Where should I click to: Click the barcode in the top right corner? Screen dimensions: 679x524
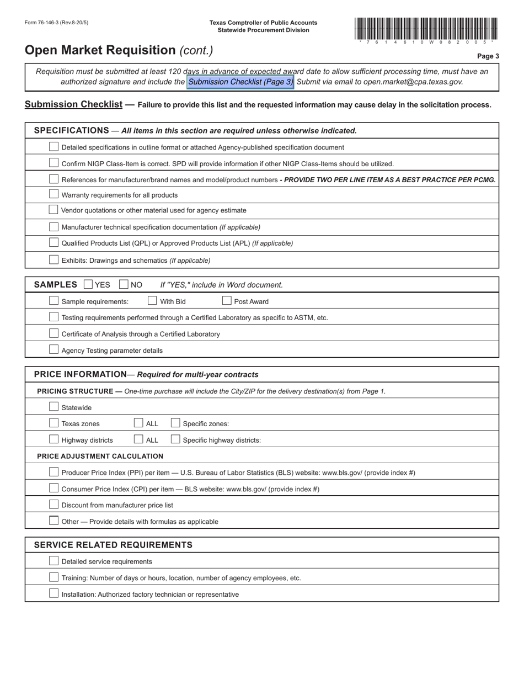[426, 29]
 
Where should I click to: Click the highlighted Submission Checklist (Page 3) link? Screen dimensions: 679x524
[240, 82]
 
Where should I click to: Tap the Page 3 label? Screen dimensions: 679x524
[488, 56]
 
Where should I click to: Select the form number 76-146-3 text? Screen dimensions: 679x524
[56, 23]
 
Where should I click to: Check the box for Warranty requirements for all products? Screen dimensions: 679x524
[54, 194]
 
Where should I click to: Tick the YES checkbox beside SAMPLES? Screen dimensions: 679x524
[88, 284]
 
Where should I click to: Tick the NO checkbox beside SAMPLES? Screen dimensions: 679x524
[124, 284]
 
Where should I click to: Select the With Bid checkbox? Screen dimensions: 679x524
[152, 301]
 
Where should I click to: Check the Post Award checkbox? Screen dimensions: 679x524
[227, 301]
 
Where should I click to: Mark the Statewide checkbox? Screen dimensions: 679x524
[54, 407]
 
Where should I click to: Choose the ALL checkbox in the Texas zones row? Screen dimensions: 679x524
[138, 423]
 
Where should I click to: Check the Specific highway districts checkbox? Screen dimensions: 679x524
[175, 439]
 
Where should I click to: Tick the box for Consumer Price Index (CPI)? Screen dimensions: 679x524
[54, 488]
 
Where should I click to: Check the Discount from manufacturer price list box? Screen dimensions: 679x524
[54, 505]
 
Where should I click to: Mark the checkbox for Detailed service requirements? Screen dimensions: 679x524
[54, 561]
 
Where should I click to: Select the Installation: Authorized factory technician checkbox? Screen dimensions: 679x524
[54, 593]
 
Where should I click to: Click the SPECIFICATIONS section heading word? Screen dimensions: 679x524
[72, 130]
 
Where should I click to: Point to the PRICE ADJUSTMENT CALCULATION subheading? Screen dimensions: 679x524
[100, 456]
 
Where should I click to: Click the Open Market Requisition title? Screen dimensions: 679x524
[100, 50]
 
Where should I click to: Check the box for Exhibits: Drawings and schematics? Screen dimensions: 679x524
[54, 259]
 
